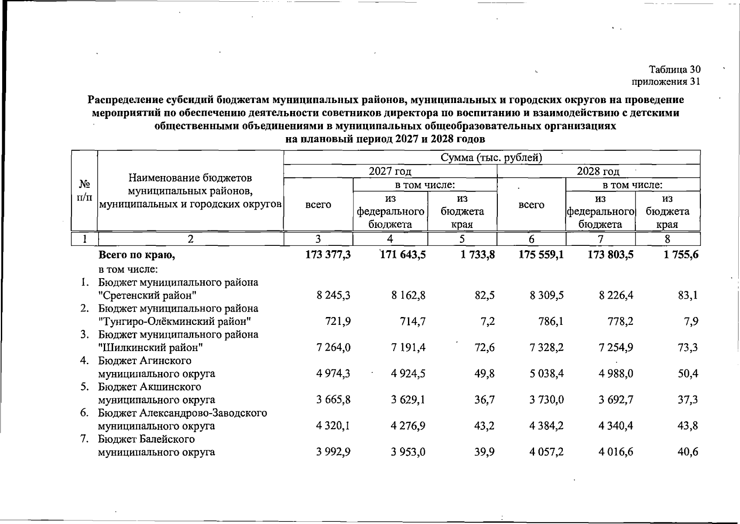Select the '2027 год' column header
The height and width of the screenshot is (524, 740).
tap(390, 171)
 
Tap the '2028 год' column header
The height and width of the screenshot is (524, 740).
tap(598, 171)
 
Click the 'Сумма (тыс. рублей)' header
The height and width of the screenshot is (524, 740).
tap(491, 158)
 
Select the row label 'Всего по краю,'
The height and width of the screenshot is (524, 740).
tap(137, 255)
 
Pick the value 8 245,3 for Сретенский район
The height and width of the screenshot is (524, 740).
tap(334, 296)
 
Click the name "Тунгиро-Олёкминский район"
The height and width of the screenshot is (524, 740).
tap(175, 322)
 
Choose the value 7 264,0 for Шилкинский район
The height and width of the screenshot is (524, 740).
tap(334, 348)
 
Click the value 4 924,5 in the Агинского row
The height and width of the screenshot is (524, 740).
tap(408, 374)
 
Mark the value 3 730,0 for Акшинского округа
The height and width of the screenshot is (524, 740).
tap(547, 400)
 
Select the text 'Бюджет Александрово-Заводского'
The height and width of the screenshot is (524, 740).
tap(182, 413)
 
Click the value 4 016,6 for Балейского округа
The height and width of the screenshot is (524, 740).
tap(616, 452)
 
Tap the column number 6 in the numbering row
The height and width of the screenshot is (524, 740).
tap(531, 239)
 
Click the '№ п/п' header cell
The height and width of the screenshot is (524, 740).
tap(84, 190)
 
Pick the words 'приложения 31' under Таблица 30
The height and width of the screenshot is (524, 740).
tap(666, 82)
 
